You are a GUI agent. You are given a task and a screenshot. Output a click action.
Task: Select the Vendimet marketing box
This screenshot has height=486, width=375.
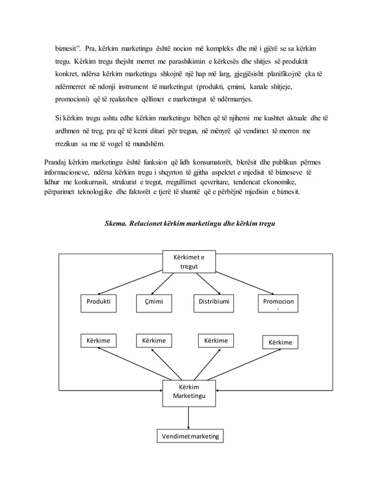189,437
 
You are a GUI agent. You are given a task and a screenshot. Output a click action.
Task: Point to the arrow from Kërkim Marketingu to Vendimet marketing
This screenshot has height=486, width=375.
189,418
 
